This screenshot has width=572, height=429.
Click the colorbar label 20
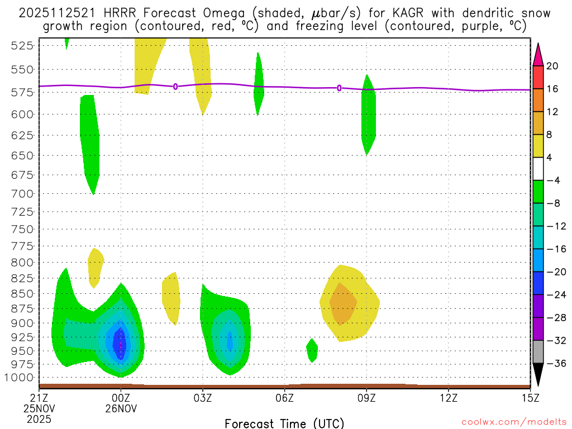click(552, 66)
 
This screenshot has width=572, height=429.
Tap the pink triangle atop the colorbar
click(538, 54)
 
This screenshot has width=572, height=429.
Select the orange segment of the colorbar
click(538, 100)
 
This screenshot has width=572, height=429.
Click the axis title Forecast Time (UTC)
click(284, 423)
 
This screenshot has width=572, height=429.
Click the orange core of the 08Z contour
click(342, 303)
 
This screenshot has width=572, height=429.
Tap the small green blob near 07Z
click(312, 350)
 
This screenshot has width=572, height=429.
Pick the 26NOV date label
click(122, 408)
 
